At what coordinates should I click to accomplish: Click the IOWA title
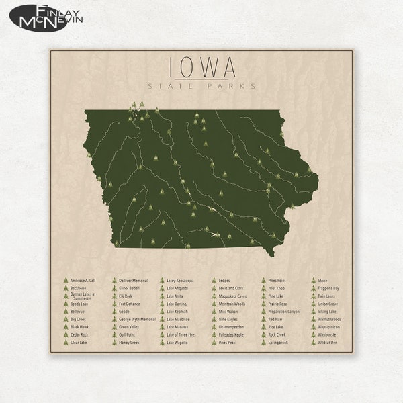pyautogui.click(x=202, y=66)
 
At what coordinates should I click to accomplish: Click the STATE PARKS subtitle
pyautogui.click(x=202, y=86)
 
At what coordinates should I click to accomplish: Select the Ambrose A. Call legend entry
pyautogui.click(x=83, y=280)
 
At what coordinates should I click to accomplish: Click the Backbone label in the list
pyautogui.click(x=79, y=287)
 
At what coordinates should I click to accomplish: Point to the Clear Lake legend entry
pyautogui.click(x=79, y=342)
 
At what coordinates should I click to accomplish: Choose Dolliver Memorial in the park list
pyautogui.click(x=133, y=280)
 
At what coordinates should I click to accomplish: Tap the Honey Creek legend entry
pyautogui.click(x=129, y=342)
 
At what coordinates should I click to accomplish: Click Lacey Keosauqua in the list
pyautogui.click(x=180, y=280)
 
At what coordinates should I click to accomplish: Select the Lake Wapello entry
pyautogui.click(x=177, y=342)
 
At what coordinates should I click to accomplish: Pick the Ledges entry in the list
pyautogui.click(x=224, y=280)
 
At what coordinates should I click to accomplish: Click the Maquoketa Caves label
pyautogui.click(x=232, y=296)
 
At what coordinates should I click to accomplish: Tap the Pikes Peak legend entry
pyautogui.click(x=227, y=342)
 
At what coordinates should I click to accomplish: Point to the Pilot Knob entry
pyautogui.click(x=276, y=287)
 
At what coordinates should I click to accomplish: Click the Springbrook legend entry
pyautogui.click(x=277, y=342)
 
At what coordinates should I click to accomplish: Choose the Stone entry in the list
pyautogui.click(x=322, y=280)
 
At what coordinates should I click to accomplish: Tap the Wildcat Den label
pyautogui.click(x=328, y=342)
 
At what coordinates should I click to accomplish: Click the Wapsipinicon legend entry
pyautogui.click(x=328, y=326)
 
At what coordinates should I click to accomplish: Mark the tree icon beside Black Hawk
pyautogui.click(x=66, y=326)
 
